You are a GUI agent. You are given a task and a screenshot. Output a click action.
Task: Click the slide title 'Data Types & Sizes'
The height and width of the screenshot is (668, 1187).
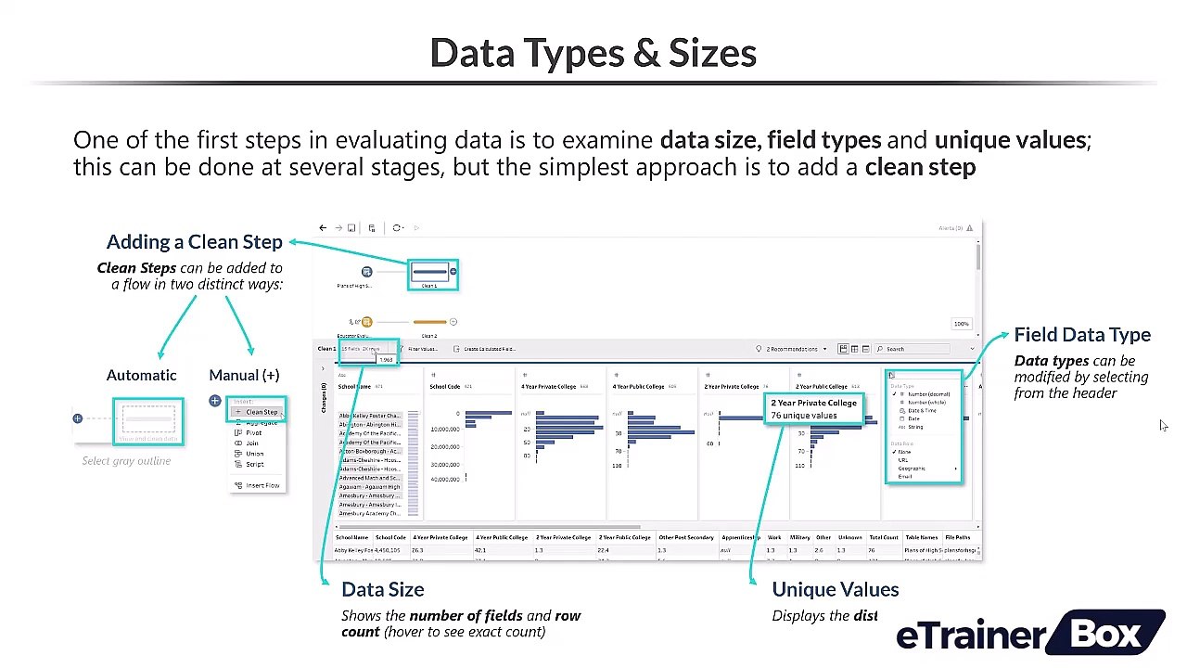point(593,53)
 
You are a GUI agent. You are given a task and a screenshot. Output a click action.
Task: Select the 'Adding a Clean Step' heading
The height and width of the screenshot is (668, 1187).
point(194,242)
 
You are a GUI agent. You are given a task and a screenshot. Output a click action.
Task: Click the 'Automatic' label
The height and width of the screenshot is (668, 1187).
point(141,375)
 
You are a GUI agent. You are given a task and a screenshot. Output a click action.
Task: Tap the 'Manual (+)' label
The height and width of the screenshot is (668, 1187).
point(244,375)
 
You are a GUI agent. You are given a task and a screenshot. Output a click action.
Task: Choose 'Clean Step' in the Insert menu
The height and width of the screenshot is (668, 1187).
point(261,412)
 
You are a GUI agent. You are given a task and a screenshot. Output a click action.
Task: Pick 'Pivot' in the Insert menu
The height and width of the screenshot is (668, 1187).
point(253,433)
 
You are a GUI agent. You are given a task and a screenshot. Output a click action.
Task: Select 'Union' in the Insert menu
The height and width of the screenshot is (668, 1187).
point(254,454)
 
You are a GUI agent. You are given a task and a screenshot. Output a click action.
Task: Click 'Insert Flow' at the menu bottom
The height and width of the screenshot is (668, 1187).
point(262,485)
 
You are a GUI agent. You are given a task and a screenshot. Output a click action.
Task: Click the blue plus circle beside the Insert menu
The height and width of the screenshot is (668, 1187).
point(215,401)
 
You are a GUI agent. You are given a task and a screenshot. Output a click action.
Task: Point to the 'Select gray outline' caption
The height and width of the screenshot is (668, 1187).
point(126,461)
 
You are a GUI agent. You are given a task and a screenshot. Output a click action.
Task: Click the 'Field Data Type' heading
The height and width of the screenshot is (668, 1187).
point(1081,335)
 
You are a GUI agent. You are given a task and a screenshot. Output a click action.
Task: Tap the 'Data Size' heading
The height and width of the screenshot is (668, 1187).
point(382,589)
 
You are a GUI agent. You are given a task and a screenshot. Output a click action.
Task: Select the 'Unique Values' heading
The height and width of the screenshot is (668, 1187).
point(835,589)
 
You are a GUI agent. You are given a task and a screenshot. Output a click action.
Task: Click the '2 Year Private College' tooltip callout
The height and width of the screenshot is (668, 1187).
point(813,409)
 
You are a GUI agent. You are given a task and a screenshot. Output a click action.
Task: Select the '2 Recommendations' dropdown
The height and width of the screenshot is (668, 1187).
point(791,349)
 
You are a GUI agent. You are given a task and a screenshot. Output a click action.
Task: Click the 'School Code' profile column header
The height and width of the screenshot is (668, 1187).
point(446,386)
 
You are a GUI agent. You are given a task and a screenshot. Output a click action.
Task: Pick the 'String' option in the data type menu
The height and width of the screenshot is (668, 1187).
point(914,427)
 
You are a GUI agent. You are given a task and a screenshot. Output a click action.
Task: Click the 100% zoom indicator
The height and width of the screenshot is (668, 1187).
point(961,324)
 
